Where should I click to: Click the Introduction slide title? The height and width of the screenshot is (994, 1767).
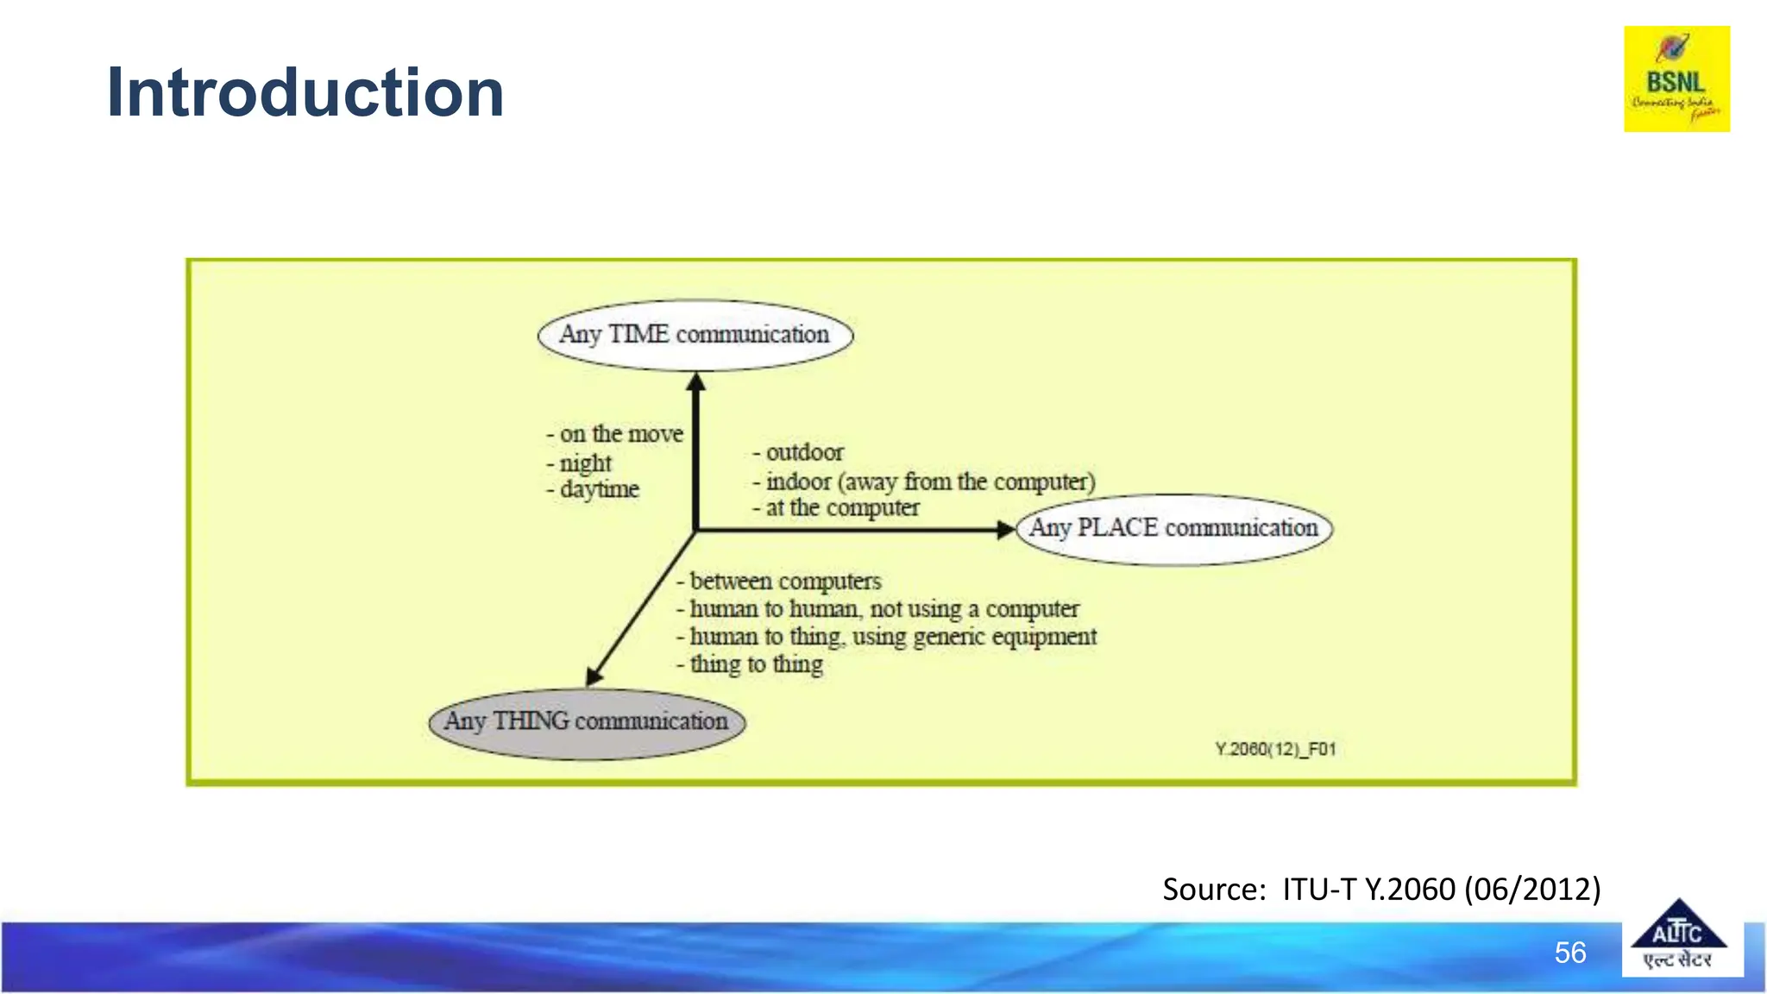(305, 93)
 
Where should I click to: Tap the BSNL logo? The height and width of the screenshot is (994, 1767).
(1676, 79)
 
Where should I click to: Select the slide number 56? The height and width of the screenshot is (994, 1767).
(1569, 953)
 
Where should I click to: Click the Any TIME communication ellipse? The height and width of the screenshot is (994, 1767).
(695, 335)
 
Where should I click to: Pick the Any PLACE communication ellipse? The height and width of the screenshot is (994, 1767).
(1174, 528)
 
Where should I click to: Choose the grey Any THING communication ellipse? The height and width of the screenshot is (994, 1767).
(587, 722)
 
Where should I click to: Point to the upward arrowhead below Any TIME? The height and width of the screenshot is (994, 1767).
(696, 382)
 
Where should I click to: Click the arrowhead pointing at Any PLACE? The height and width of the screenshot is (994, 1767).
(1005, 530)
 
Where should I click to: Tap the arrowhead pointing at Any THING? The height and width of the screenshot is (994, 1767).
(594, 676)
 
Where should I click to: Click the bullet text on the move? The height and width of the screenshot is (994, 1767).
(620, 433)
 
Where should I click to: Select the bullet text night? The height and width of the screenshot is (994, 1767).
(585, 463)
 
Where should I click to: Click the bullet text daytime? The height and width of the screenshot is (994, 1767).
(599, 489)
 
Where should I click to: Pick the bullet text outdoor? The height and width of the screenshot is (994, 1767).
(804, 452)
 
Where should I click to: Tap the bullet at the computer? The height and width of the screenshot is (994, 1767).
(842, 508)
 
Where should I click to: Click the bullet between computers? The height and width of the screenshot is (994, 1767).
(785, 582)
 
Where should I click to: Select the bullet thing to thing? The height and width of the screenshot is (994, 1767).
(756, 664)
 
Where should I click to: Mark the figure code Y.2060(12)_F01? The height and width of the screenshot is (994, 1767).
(1275, 749)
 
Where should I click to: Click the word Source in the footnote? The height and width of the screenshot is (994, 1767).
(1213, 889)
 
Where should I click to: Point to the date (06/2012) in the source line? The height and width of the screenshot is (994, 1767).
(1531, 889)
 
